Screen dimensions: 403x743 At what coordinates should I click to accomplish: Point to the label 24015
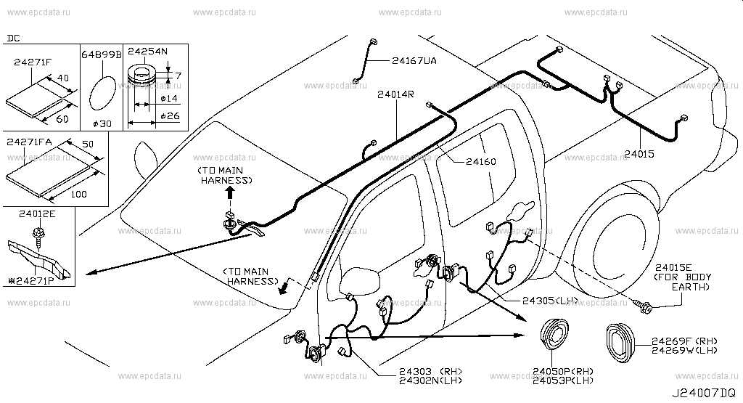[x=640, y=155]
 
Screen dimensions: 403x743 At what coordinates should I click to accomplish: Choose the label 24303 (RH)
[x=430, y=373]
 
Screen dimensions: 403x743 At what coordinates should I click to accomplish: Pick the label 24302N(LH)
[x=430, y=381]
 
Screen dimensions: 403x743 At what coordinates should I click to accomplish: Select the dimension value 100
[x=80, y=195]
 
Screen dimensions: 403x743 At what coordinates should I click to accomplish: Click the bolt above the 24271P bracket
[x=35, y=235]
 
